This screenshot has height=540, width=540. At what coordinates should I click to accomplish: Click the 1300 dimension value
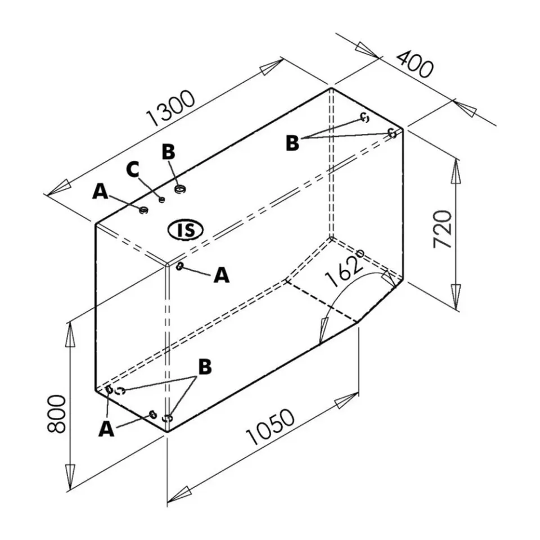[x=171, y=109]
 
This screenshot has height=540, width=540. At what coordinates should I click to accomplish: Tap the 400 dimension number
[x=415, y=64]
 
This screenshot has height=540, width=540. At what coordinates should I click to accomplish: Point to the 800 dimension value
[x=56, y=415]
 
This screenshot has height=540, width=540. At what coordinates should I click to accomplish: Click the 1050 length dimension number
[x=271, y=427]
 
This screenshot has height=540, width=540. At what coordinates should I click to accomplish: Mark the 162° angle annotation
[x=344, y=269]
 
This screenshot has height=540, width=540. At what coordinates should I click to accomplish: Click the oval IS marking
[x=186, y=229]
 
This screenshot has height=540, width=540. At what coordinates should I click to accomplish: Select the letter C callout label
[x=133, y=169]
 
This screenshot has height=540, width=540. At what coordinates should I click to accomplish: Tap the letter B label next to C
[x=168, y=152]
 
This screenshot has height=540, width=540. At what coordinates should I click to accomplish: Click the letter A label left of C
[x=100, y=191]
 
